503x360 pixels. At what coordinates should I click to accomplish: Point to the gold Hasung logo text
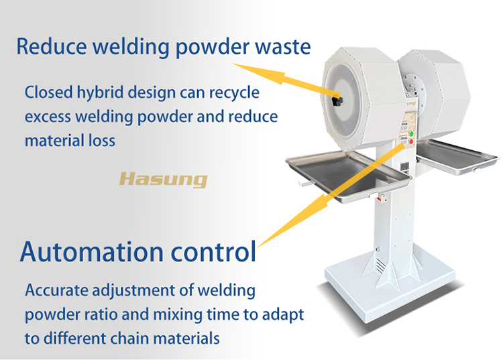click(163, 179)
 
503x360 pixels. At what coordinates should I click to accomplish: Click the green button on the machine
click(411, 133)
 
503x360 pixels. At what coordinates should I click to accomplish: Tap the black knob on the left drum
click(339, 100)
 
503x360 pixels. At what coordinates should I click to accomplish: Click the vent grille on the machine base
click(381, 265)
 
